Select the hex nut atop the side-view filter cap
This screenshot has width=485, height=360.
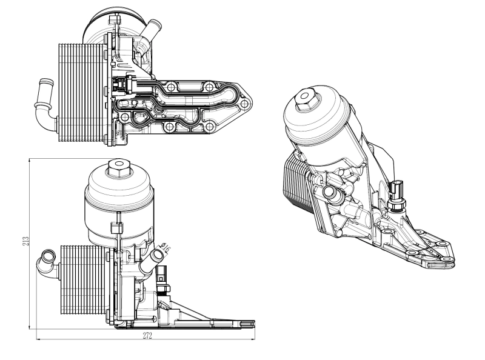116,167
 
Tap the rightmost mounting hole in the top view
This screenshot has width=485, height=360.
243,104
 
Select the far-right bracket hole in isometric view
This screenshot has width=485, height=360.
447,261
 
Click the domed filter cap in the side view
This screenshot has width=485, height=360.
115,200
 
